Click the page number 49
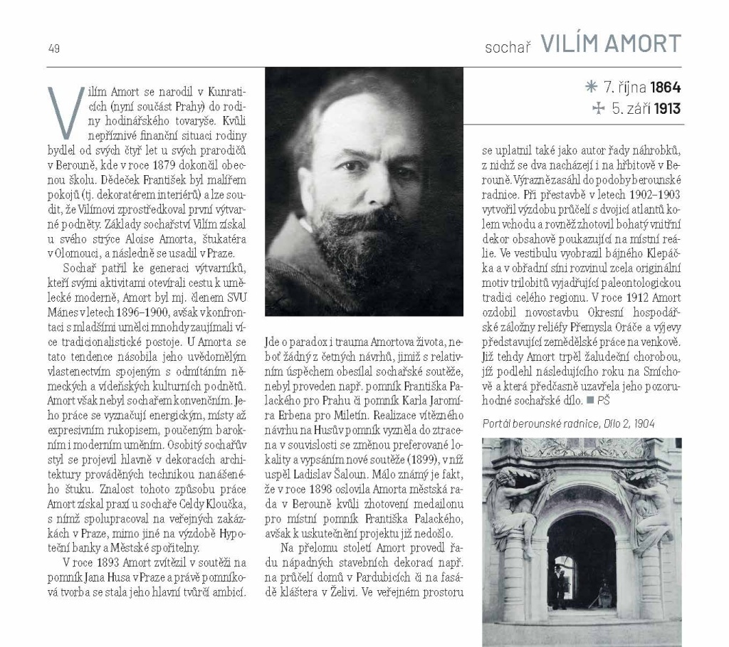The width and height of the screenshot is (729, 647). pos(54,48)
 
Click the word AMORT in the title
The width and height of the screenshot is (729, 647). pos(639,44)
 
